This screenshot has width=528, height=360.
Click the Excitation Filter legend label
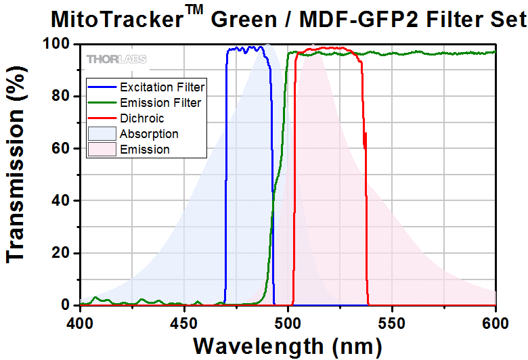pyautogui.click(x=162, y=87)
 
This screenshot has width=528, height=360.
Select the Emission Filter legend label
pyautogui.click(x=160, y=103)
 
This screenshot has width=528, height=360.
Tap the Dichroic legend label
pyautogui.click(x=141, y=118)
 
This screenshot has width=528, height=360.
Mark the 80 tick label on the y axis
pyautogui.click(x=62, y=96)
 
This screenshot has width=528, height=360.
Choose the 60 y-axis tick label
pyautogui.click(x=62, y=148)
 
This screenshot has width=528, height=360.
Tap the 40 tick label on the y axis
pyautogui.click(x=62, y=201)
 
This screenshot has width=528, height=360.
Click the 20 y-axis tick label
pyautogui.click(x=62, y=253)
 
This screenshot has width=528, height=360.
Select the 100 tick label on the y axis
pyautogui.click(x=56, y=44)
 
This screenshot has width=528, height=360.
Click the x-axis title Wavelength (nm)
pyautogui.click(x=288, y=345)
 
